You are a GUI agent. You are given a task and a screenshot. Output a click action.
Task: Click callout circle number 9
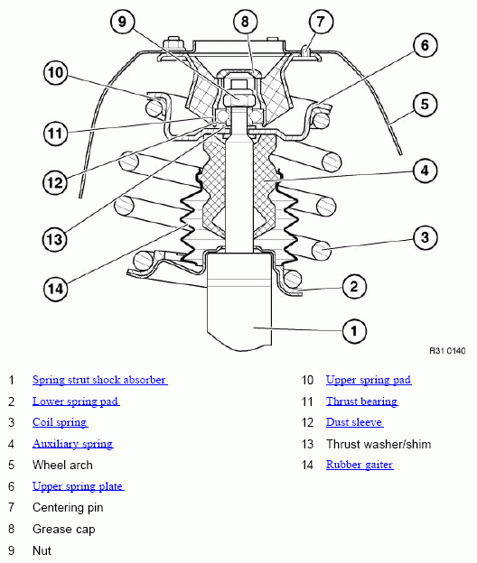(122, 22)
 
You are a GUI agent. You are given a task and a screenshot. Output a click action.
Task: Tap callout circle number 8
(245, 22)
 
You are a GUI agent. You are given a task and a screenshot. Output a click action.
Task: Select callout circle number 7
(321, 22)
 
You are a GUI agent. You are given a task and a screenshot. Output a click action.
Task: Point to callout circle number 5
(425, 105)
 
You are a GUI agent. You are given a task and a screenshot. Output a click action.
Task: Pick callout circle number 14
(56, 289)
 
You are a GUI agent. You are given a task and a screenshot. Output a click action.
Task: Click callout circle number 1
(354, 331)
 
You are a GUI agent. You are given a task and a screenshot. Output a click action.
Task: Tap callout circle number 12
(55, 182)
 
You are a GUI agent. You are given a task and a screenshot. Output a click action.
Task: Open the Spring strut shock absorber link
(100, 380)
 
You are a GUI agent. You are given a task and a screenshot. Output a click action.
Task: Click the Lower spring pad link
(76, 401)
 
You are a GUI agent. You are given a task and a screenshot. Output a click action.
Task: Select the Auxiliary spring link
(73, 444)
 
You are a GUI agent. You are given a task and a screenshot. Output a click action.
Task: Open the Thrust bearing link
(361, 401)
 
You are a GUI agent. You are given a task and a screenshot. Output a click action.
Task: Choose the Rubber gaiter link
(360, 465)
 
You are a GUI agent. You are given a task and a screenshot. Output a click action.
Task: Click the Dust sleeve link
(354, 422)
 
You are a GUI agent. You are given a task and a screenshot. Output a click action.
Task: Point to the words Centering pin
(68, 507)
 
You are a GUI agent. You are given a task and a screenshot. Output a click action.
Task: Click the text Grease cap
(63, 529)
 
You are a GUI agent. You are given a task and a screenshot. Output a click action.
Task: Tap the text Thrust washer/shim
(379, 444)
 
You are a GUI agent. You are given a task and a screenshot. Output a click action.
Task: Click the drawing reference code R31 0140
(447, 350)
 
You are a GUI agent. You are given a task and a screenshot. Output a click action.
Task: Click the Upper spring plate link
(78, 486)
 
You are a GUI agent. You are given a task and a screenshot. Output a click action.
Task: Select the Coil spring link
(60, 422)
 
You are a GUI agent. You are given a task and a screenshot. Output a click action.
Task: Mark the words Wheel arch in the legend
(62, 465)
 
